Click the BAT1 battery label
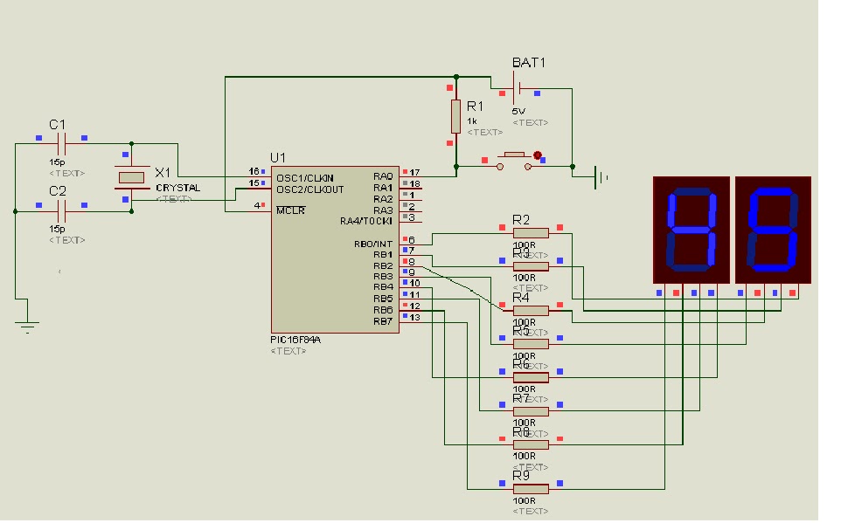(528, 64)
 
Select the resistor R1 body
(455, 115)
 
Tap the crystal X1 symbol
(131, 177)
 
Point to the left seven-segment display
(691, 230)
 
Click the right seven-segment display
(773, 230)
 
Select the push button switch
(512, 159)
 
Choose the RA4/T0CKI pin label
(366, 221)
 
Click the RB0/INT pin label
(373, 244)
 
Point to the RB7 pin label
(383, 321)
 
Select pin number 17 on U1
(414, 173)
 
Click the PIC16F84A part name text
(295, 340)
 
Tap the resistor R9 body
(531, 489)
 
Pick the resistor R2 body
(531, 232)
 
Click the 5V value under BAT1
(519, 111)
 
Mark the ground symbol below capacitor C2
(28, 325)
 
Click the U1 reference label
(277, 157)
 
